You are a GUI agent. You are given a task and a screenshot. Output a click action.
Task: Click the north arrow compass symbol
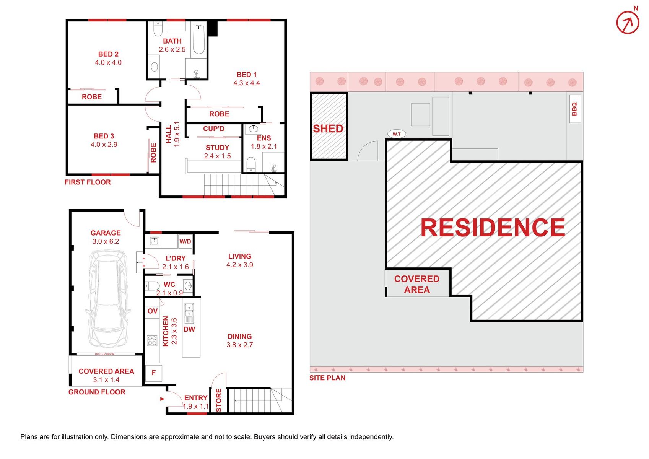[x=628, y=22]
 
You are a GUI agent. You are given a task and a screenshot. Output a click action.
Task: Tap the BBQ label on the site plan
[x=574, y=109]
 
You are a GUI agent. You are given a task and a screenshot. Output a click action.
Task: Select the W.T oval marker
[x=396, y=134]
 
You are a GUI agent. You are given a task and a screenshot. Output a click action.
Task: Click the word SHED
[x=328, y=129]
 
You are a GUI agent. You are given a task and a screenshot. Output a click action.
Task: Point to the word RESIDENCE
[x=493, y=228]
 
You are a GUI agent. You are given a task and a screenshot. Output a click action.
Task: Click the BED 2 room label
[x=108, y=54]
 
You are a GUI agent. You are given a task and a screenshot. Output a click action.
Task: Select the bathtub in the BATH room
[x=199, y=39]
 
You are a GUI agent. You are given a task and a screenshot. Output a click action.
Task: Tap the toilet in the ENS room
[x=251, y=164]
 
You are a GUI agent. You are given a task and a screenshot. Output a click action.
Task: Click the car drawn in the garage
[x=107, y=298]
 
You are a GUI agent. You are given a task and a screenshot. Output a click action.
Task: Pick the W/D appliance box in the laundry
[x=185, y=241]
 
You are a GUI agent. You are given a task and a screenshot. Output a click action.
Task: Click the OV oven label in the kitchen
[x=152, y=311]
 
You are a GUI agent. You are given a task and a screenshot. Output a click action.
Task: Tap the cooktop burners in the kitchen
[x=152, y=340]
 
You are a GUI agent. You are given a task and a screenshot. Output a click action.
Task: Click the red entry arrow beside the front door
[x=162, y=399]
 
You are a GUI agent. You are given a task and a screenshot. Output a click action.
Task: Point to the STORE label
[x=219, y=400]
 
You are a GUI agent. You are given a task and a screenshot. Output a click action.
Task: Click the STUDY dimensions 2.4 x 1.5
[x=217, y=156]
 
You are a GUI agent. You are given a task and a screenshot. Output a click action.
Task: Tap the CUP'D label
[x=214, y=129]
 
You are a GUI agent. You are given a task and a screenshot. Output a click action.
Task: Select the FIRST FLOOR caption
[x=88, y=182]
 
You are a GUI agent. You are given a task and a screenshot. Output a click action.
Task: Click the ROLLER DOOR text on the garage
[x=104, y=354]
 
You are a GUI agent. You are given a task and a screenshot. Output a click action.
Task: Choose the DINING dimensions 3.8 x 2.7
[x=240, y=345]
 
